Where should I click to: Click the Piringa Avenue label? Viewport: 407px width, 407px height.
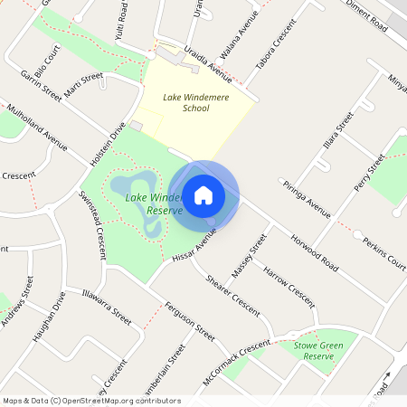307,203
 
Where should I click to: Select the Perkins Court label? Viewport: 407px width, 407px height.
383,253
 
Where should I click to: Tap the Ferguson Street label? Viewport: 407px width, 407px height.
189,320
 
